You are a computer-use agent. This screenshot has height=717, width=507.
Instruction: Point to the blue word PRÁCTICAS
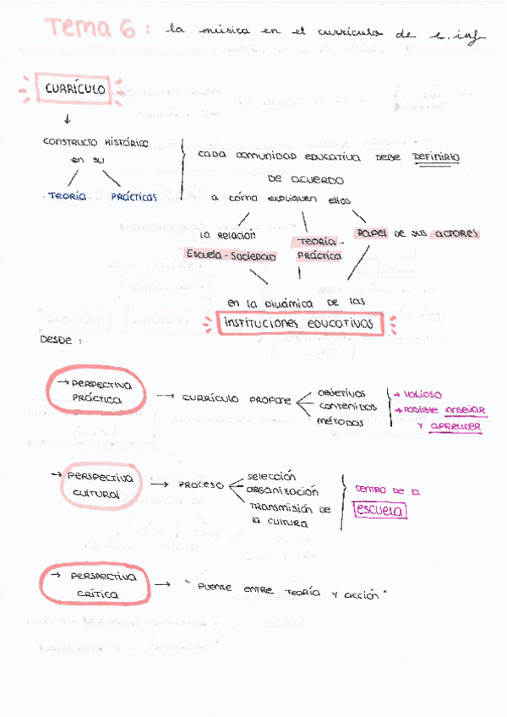point(134,196)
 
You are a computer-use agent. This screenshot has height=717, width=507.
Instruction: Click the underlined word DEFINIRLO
point(436,156)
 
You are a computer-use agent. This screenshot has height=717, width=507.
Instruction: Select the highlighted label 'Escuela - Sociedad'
point(231,255)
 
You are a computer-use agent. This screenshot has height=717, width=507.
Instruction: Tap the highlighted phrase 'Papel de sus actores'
point(417,233)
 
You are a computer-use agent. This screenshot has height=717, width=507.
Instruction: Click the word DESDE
point(57,340)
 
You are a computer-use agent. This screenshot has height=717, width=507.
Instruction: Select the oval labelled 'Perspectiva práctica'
point(95,391)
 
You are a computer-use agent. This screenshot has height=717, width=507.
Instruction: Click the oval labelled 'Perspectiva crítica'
point(95,585)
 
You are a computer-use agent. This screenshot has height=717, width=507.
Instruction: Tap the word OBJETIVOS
point(341,393)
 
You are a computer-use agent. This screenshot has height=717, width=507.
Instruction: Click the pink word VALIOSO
point(422,394)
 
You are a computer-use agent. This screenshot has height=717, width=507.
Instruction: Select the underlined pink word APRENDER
point(455,426)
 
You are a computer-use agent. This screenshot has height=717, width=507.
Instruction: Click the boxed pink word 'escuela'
point(381,511)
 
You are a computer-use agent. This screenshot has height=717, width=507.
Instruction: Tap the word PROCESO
point(200,485)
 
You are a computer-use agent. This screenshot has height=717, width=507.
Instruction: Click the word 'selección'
point(272,476)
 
